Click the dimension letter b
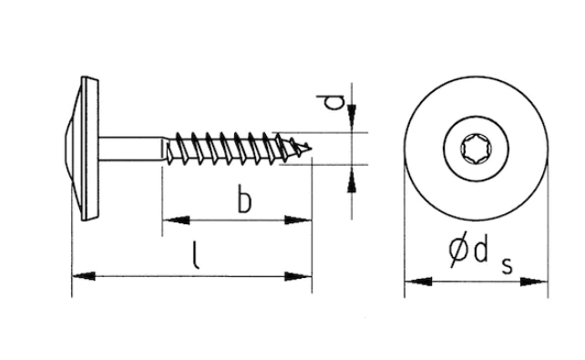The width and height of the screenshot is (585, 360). pyautogui.click(x=244, y=202)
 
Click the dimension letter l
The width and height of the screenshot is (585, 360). pyautogui.click(x=195, y=255)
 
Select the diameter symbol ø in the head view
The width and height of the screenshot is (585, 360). pyautogui.click(x=459, y=250)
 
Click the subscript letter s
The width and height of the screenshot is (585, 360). pyautogui.click(x=507, y=266)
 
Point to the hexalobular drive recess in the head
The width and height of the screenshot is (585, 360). pyautogui.click(x=476, y=149)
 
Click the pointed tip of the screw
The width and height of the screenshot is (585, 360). pyautogui.click(x=311, y=149)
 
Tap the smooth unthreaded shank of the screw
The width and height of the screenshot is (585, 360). pyautogui.click(x=130, y=149)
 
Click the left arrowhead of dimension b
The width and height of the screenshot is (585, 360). pyautogui.click(x=176, y=221)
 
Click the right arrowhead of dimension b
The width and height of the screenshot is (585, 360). pyautogui.click(x=298, y=221)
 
